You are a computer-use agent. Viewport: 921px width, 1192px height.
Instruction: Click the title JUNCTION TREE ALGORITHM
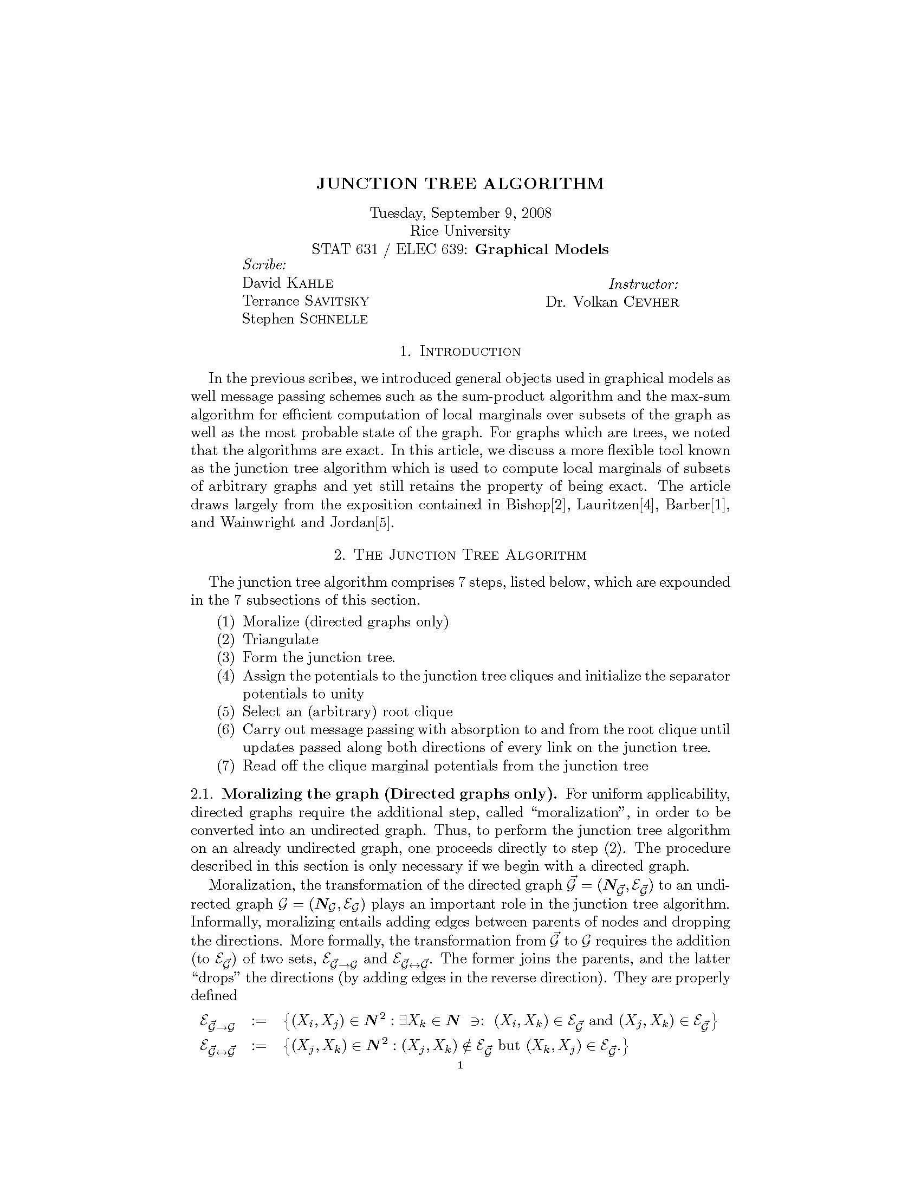[460, 183]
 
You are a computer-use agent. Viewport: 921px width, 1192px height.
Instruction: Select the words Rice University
[460, 231]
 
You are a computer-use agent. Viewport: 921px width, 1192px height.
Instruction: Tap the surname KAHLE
[309, 283]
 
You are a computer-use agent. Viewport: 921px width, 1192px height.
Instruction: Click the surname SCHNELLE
[334, 319]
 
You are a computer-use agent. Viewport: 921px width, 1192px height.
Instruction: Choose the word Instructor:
[643, 284]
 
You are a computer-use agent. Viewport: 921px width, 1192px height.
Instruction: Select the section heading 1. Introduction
[460, 352]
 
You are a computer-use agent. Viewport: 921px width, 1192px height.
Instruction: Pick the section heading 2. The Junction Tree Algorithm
[460, 555]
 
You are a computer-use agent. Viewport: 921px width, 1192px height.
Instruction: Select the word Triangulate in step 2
[281, 640]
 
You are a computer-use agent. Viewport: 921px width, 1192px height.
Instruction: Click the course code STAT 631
[344, 249]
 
